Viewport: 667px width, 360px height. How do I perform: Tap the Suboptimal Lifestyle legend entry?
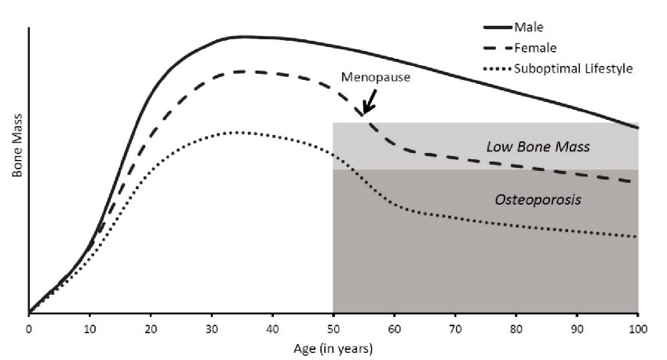[573, 68]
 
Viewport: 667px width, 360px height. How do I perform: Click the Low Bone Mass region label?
[538, 147]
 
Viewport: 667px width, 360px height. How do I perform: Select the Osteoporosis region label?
[538, 200]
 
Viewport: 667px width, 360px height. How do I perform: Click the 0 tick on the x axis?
[29, 328]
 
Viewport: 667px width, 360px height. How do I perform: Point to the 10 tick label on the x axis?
[89, 328]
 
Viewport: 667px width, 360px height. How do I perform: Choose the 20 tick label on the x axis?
[151, 328]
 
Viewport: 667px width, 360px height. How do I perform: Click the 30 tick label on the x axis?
[212, 328]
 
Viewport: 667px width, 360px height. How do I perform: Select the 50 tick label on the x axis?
[333, 328]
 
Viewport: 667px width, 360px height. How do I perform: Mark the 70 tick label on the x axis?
[455, 328]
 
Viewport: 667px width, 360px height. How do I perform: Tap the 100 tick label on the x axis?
[637, 328]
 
